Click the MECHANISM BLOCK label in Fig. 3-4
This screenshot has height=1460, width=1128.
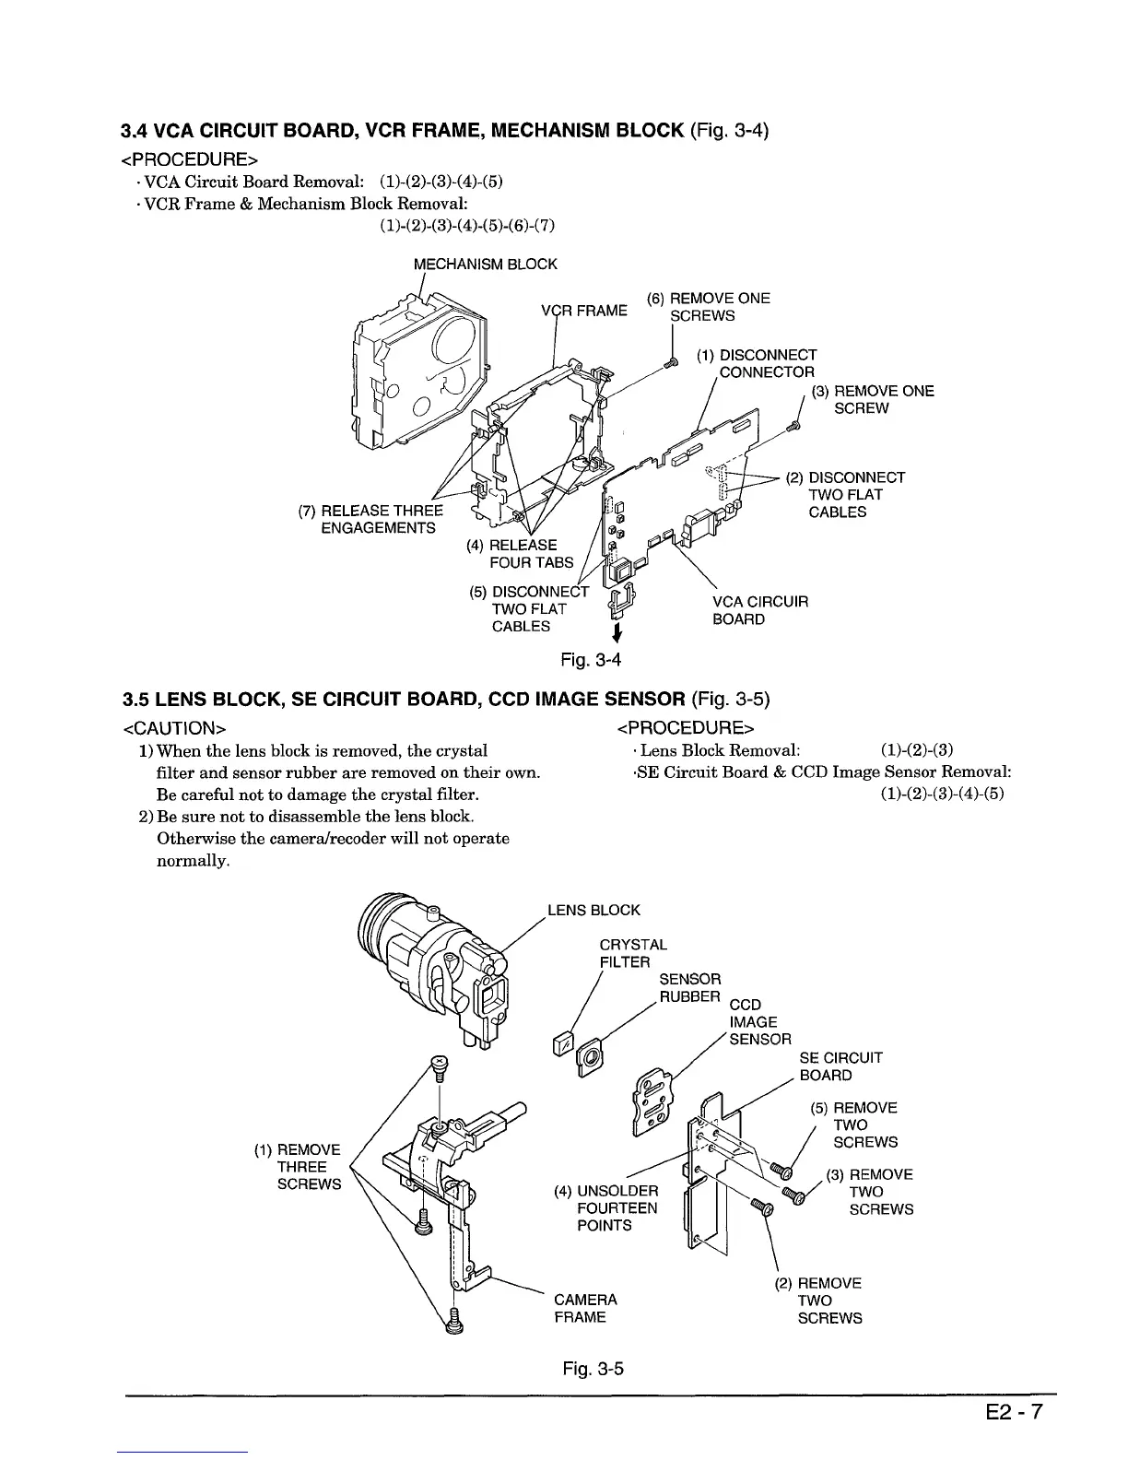pos(485,265)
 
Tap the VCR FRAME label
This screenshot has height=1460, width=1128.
pos(583,310)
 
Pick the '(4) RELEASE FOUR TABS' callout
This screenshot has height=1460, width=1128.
pos(522,553)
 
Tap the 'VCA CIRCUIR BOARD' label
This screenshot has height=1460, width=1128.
pos(759,610)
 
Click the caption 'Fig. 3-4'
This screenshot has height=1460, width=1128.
pos(592,660)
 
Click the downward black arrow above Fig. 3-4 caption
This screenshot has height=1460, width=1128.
pos(615,633)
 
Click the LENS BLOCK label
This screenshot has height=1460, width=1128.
pos(593,911)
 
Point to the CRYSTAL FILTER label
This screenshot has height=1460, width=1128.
pos(632,953)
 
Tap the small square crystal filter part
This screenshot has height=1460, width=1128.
pos(560,1044)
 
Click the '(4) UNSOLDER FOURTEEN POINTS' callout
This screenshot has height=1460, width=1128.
pos(605,1207)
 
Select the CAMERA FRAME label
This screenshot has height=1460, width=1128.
pos(585,1309)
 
